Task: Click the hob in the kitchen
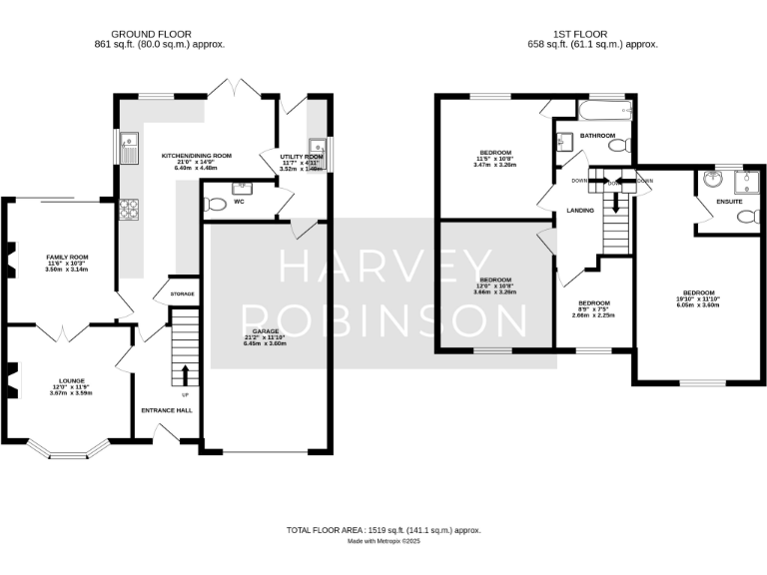click(129, 209)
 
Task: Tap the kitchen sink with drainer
click(129, 149)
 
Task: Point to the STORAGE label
click(183, 293)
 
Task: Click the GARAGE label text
click(264, 330)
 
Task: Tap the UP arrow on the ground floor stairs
click(185, 374)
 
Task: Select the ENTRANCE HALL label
click(166, 410)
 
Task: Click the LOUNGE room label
click(70, 380)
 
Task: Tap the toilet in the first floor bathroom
click(619, 146)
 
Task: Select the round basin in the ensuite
click(711, 180)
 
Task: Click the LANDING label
click(580, 211)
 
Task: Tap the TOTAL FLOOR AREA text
click(383, 530)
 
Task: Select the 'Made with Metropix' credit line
click(383, 541)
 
